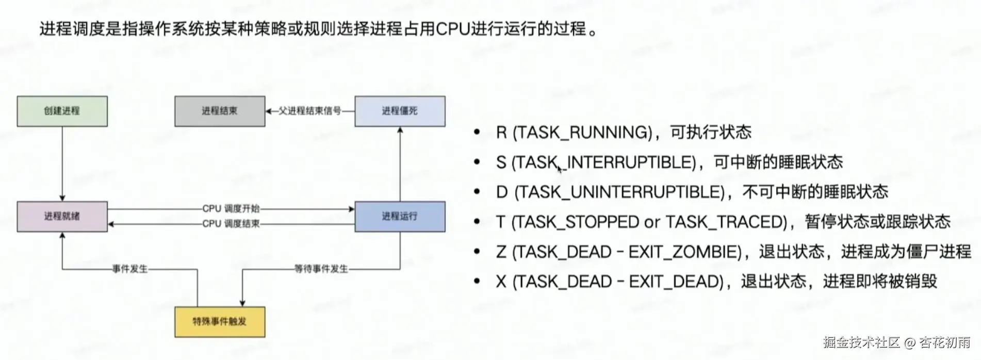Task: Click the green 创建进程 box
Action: click(x=62, y=111)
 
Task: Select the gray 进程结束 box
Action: click(x=220, y=111)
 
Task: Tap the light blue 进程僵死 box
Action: click(x=400, y=111)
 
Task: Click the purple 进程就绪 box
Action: click(x=62, y=216)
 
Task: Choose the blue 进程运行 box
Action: click(x=400, y=216)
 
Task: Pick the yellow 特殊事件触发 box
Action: click(x=220, y=322)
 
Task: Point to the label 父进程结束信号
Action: click(x=309, y=111)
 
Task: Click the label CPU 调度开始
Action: click(x=231, y=208)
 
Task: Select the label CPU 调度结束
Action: click(x=231, y=224)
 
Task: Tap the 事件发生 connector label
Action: click(x=130, y=269)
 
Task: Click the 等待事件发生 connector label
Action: click(x=321, y=269)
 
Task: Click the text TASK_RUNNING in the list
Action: click(x=583, y=133)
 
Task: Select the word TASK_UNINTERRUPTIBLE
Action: click(x=622, y=192)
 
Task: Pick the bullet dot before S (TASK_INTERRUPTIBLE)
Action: click(x=477, y=162)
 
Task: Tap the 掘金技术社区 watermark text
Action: click(x=861, y=342)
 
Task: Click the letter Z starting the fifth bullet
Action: click(x=501, y=252)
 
